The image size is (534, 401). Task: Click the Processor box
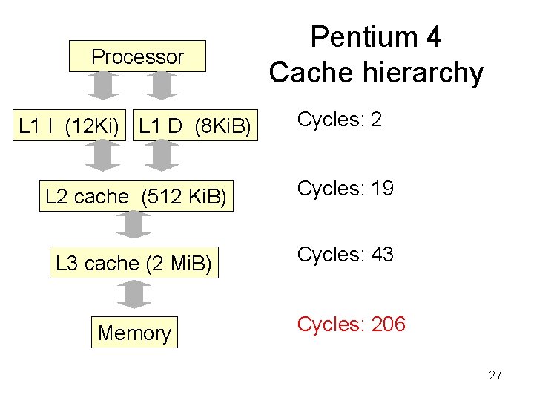(137, 56)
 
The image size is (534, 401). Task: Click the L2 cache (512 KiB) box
(136, 197)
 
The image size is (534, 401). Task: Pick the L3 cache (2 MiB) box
(134, 263)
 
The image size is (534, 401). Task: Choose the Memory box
(134, 333)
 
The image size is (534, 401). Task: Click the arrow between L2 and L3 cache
(133, 225)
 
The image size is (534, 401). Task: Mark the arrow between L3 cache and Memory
(133, 294)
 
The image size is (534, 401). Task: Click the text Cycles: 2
(340, 120)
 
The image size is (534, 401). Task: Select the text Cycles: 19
(345, 189)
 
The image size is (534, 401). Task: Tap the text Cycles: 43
(345, 255)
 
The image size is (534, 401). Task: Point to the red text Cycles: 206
(351, 324)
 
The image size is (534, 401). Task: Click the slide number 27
(495, 375)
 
